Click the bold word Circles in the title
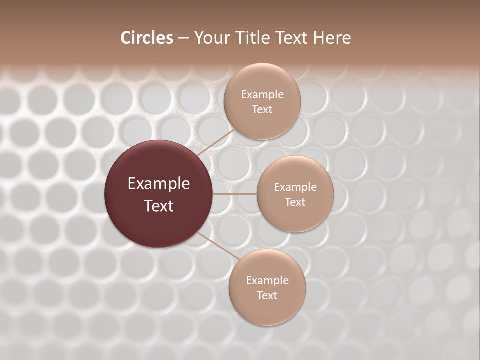click(x=147, y=38)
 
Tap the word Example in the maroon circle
click(x=159, y=184)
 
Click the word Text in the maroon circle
click(x=159, y=206)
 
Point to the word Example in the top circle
click(x=262, y=95)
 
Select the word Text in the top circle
click(x=262, y=109)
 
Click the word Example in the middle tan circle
click(x=295, y=187)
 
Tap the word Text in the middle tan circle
click(x=295, y=202)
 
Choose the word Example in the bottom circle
click(x=267, y=281)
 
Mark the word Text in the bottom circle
click(x=267, y=295)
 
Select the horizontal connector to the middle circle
click(x=235, y=194)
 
